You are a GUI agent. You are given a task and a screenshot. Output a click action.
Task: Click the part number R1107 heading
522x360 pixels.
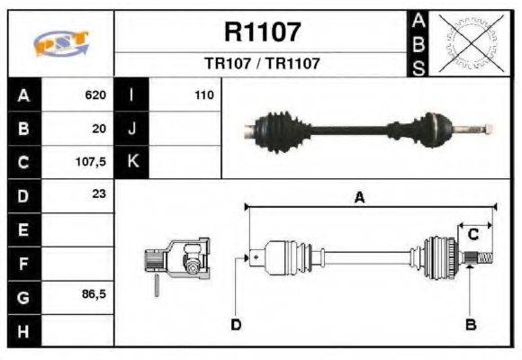pos(261,33)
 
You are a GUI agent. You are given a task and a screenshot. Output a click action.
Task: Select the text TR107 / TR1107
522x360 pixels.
pos(261,64)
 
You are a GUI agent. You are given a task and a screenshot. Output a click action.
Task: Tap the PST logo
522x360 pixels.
pos(60,43)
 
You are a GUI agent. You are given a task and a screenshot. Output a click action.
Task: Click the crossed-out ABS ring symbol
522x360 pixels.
pos(468,42)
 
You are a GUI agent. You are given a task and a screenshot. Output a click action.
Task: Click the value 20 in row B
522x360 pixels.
pos(99,129)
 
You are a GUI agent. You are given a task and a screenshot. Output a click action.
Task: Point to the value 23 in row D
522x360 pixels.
pos(99,193)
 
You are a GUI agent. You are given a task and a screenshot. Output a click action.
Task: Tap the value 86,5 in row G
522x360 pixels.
pos(94,294)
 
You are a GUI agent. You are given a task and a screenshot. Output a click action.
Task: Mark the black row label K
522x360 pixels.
pos(131,162)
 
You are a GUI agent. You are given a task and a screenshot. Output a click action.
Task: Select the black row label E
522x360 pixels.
pos(22,229)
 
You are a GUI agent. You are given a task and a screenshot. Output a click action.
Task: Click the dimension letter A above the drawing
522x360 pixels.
pos(358,199)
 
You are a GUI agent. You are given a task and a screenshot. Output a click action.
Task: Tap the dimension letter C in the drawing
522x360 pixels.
pos(472,234)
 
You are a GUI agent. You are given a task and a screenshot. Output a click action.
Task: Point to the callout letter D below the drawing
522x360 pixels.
pos(236,324)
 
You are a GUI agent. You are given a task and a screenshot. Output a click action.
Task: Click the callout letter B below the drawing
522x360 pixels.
pos(470,324)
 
